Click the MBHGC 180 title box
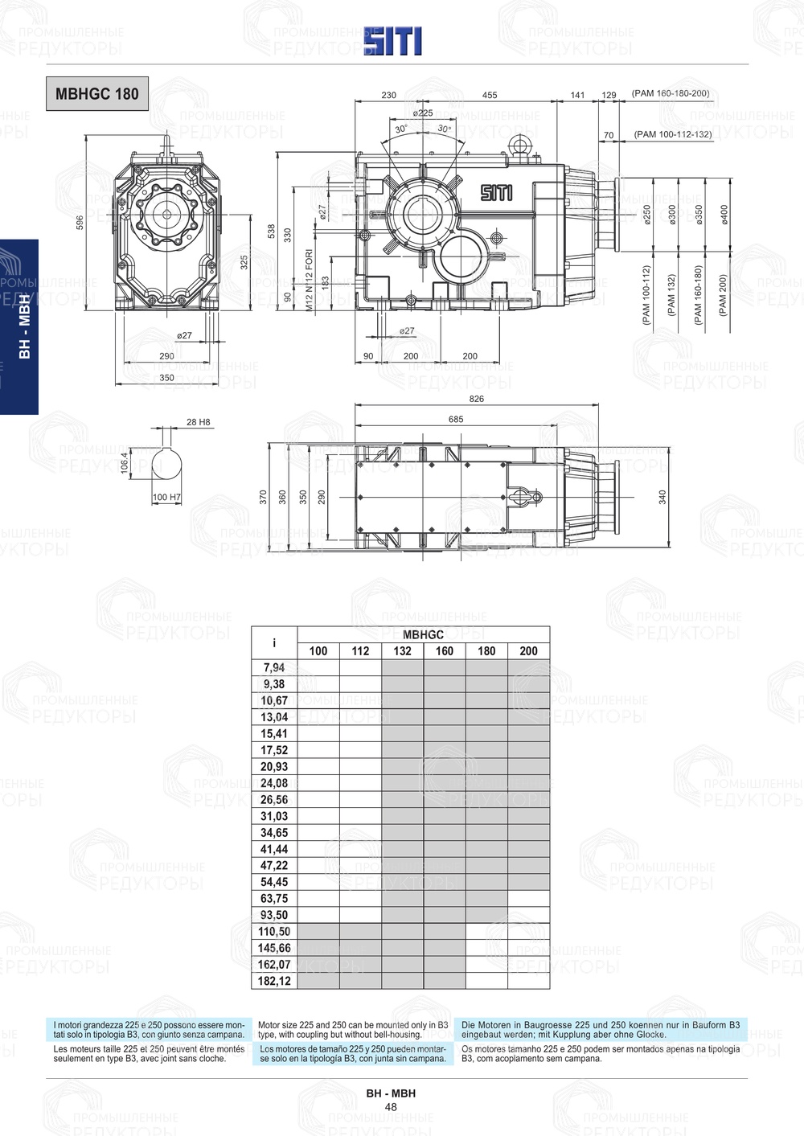[x=97, y=94]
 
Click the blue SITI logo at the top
[x=392, y=41]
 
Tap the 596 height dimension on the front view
[x=80, y=222]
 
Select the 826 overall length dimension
[x=476, y=399]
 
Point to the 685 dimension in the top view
[x=455, y=419]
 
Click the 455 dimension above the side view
[x=489, y=95]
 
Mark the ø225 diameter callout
[x=423, y=113]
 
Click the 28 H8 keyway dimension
[x=198, y=422]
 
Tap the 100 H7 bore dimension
[x=166, y=498]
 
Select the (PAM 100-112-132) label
[x=672, y=134]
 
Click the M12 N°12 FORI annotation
[x=309, y=280]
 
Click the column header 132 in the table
[x=402, y=651]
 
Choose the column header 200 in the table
[x=528, y=651]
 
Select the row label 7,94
[x=273, y=667]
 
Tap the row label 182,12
[x=273, y=981]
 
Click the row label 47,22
[x=273, y=866]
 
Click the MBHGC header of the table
[x=423, y=634]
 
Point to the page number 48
[x=391, y=1107]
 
